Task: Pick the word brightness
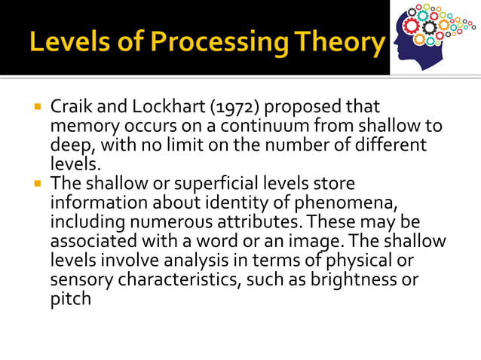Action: coord(356,280)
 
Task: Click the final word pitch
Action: coord(70,299)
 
